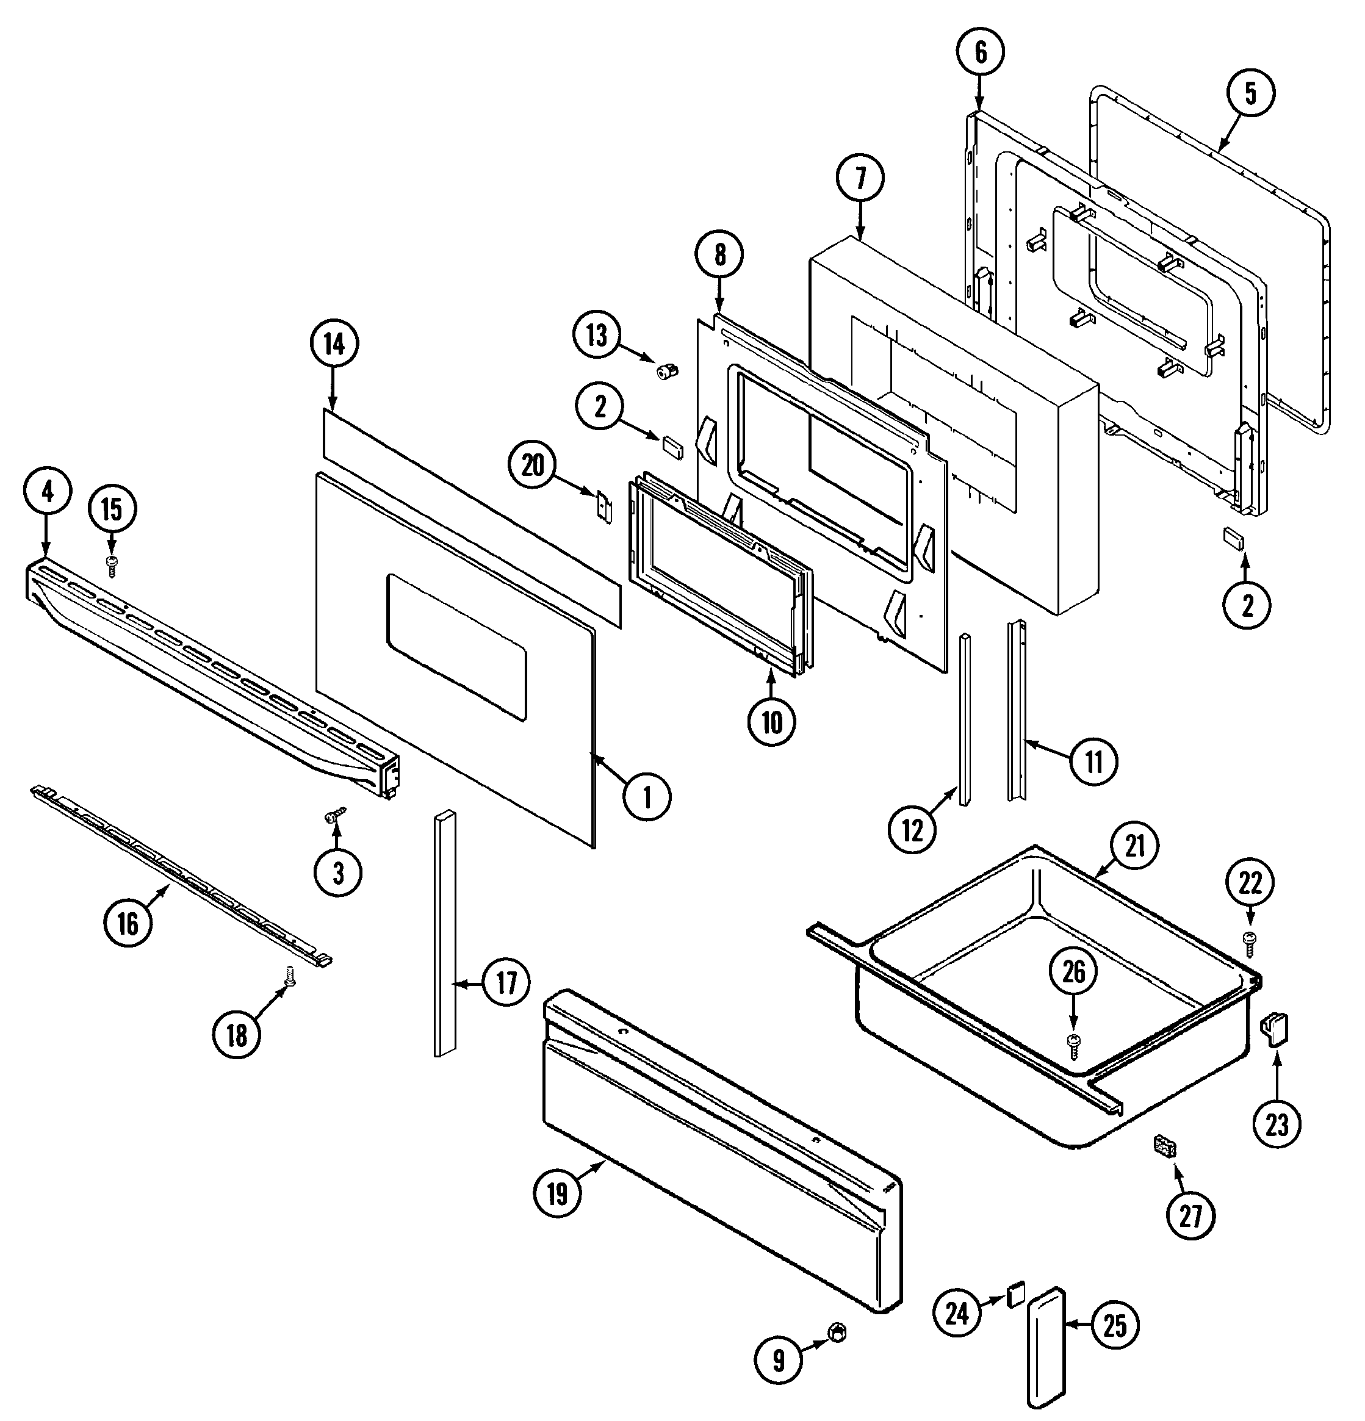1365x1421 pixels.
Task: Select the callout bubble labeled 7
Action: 860,178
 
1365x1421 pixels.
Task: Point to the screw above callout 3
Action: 335,815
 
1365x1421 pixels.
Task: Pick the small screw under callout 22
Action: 1249,944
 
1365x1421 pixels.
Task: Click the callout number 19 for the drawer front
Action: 556,1193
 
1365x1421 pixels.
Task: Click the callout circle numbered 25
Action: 1115,1325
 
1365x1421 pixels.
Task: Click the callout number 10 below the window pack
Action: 772,721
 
